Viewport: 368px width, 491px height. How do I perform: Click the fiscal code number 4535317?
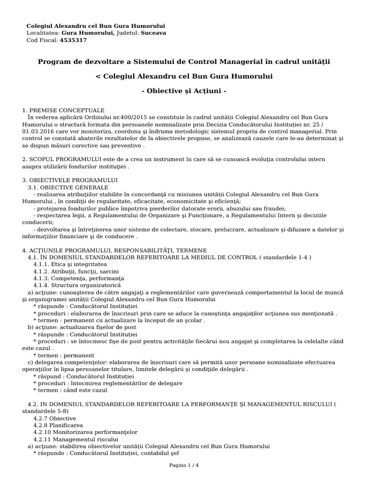pos(73,40)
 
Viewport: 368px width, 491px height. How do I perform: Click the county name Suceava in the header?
pos(154,33)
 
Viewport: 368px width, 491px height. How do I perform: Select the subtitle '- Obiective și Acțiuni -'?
pos(184,91)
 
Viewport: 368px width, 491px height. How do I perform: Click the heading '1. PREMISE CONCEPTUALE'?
pos(63,110)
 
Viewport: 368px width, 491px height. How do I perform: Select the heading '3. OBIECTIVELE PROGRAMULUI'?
pos(70,180)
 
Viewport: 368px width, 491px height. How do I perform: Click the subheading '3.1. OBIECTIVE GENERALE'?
pos(68,187)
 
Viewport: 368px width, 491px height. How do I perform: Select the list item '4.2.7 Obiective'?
pos(55,418)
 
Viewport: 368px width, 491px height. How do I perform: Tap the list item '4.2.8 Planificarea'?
pos(58,425)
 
